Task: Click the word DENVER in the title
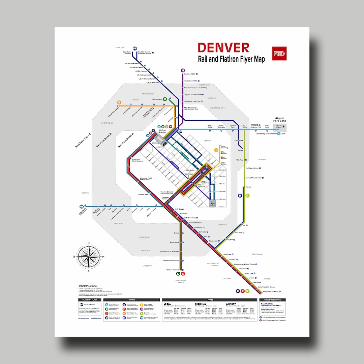223,48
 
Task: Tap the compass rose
89,256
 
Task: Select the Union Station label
162,131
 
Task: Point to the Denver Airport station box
279,127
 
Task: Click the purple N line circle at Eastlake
183,70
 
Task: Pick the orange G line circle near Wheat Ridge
119,102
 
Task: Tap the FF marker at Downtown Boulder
135,49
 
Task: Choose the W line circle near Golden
81,206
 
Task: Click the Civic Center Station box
212,203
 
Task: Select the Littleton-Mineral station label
172,270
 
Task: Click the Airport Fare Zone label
280,120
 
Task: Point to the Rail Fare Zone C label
83,140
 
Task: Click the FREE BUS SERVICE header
273,300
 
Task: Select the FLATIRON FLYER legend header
90,300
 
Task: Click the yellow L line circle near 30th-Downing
216,150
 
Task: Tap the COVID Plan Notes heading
88,286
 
